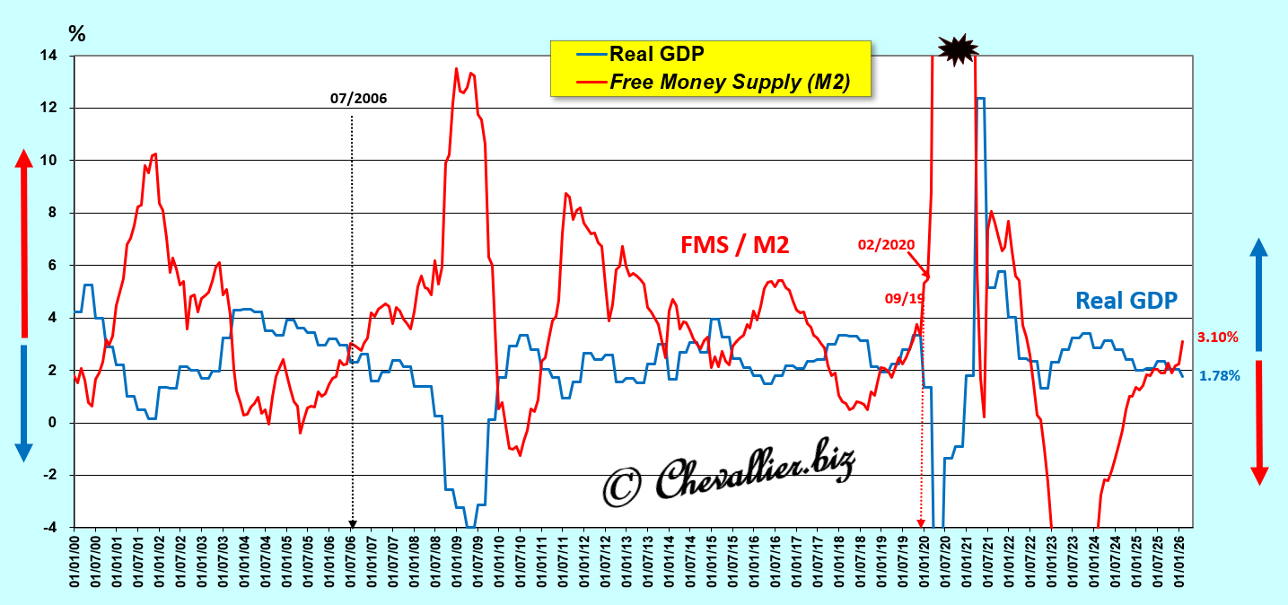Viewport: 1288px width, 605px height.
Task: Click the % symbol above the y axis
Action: point(78,34)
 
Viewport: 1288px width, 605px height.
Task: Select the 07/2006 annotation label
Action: point(359,99)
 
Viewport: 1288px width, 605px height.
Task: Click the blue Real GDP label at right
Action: point(1126,301)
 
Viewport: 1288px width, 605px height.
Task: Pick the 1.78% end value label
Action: point(1219,376)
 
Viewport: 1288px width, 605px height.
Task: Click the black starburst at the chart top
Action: point(956,49)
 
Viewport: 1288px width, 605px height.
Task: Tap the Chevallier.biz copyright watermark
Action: point(728,473)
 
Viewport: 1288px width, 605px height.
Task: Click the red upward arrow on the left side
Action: point(24,242)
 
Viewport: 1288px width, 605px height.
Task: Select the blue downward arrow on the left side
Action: point(24,404)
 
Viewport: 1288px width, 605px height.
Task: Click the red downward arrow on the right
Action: point(1258,422)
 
